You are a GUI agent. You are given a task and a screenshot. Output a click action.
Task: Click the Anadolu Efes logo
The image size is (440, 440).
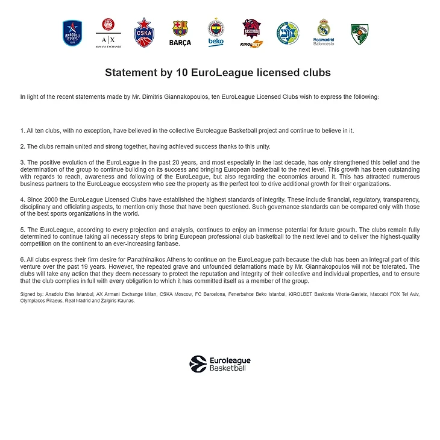(x=73, y=33)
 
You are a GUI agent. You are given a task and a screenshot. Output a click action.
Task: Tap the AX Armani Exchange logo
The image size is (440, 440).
(x=108, y=33)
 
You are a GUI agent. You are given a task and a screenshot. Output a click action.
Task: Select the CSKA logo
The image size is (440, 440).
(x=143, y=32)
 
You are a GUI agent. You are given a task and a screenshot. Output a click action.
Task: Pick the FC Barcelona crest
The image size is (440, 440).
(x=180, y=33)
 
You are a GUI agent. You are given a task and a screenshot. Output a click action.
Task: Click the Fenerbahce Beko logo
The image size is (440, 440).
(x=216, y=32)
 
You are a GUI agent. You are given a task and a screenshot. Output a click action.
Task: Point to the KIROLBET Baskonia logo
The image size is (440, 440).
(x=252, y=33)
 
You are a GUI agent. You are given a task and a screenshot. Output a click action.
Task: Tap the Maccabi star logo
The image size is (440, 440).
(x=288, y=33)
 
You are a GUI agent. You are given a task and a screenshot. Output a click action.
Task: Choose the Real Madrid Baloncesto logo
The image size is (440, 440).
(x=324, y=32)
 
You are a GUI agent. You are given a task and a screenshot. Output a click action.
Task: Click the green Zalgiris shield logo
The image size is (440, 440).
(x=360, y=34)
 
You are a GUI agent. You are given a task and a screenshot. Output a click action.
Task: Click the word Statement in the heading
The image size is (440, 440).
(x=128, y=73)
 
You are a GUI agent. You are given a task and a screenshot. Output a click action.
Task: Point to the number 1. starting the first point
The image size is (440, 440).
(x=23, y=130)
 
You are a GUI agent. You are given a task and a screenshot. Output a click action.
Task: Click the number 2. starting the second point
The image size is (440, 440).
(x=23, y=146)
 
